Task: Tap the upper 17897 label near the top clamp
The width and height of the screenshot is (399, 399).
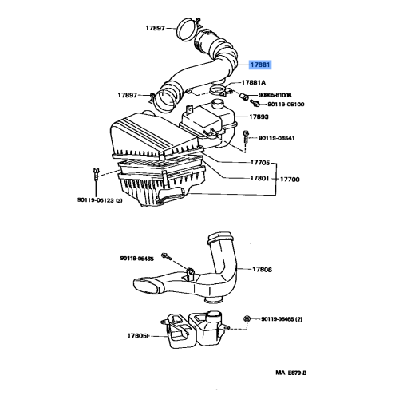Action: [154, 28]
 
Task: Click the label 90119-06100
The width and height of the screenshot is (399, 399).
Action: [285, 103]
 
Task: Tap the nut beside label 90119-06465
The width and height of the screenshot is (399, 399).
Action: [247, 318]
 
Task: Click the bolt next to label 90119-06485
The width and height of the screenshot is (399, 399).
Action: [166, 257]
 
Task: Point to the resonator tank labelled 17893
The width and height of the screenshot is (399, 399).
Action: [209, 122]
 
